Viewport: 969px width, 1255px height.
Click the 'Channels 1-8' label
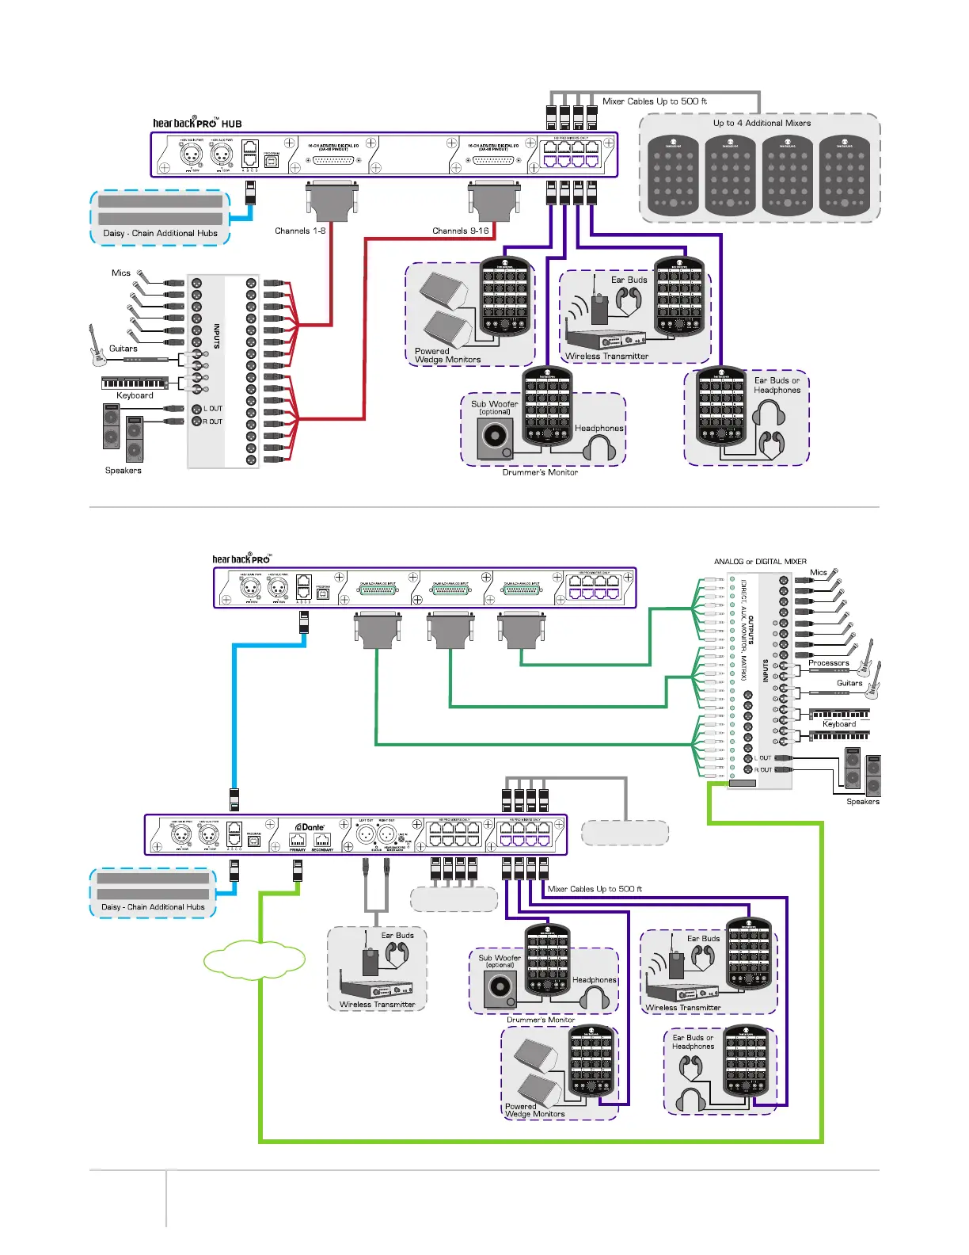[300, 231]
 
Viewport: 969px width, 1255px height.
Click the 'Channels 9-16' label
[461, 231]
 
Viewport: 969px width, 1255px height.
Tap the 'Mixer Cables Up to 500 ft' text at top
[654, 101]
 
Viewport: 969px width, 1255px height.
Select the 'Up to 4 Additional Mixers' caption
[762, 123]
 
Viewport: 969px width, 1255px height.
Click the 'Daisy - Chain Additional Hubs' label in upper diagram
[160, 234]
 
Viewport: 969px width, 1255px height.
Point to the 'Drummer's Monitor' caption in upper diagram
[540, 472]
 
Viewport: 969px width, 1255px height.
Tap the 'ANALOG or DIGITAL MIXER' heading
[760, 562]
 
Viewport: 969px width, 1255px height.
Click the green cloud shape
[254, 959]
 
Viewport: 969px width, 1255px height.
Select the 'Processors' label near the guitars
[828, 663]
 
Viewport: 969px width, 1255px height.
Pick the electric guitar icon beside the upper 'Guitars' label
[97, 346]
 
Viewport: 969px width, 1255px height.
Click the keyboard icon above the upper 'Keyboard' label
[135, 383]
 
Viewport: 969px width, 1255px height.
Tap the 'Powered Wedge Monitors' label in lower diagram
[534, 1110]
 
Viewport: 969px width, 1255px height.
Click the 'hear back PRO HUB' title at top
[197, 123]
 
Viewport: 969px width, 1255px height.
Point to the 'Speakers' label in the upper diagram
[123, 471]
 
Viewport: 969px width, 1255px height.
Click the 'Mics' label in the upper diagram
[121, 273]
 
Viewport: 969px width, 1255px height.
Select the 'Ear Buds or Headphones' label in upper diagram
[777, 385]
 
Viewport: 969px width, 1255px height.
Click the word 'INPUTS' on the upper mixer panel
[216, 337]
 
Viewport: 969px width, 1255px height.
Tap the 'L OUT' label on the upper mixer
[213, 409]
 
